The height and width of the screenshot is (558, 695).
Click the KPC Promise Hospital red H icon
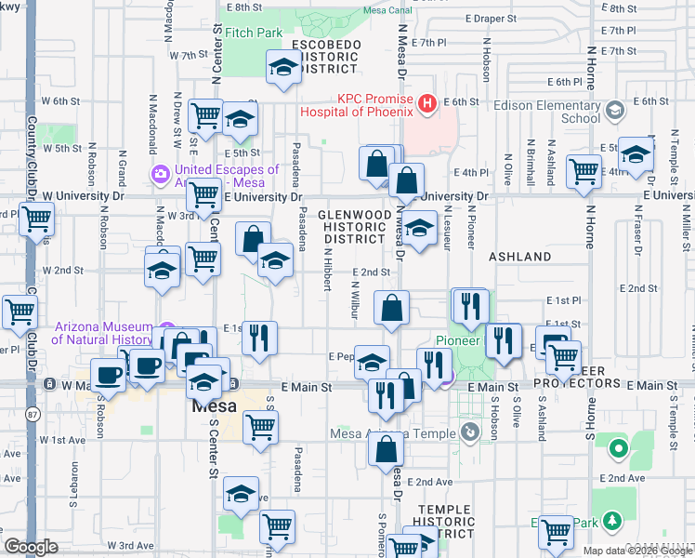click(x=427, y=103)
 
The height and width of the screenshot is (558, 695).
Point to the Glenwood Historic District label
click(x=353, y=226)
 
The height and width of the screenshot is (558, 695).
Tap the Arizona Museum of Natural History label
click(x=103, y=333)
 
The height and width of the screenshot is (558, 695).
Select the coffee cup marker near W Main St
click(x=108, y=377)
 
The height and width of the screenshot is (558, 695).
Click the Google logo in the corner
click(x=31, y=547)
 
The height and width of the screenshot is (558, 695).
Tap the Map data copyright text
click(x=636, y=551)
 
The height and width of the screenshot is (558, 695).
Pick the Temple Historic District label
click(x=445, y=522)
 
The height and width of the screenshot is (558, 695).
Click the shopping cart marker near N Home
click(x=583, y=171)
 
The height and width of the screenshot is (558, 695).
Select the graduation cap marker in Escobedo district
click(x=283, y=66)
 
